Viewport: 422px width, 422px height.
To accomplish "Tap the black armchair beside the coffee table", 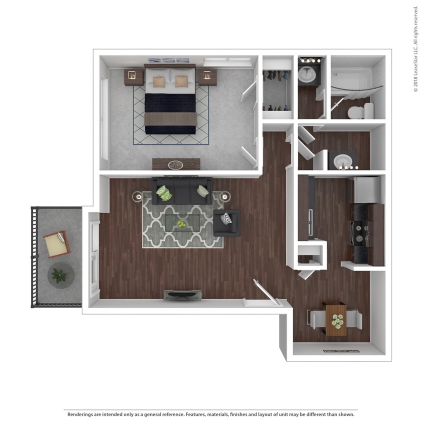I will coord(226,222).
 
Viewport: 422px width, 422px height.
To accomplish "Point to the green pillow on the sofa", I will coord(163,192).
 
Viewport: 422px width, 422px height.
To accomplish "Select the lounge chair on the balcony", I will coord(56,243).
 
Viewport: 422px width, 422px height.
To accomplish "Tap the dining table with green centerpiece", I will coord(336,319).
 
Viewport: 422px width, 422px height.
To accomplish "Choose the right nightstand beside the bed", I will coord(207,76).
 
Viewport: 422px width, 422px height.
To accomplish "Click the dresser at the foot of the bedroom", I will coord(176,164).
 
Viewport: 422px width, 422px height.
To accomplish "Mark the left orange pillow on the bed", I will coord(159,81).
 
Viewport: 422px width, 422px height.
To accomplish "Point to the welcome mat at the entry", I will coord(341,351).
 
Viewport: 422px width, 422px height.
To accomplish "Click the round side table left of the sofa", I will coord(137,197).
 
